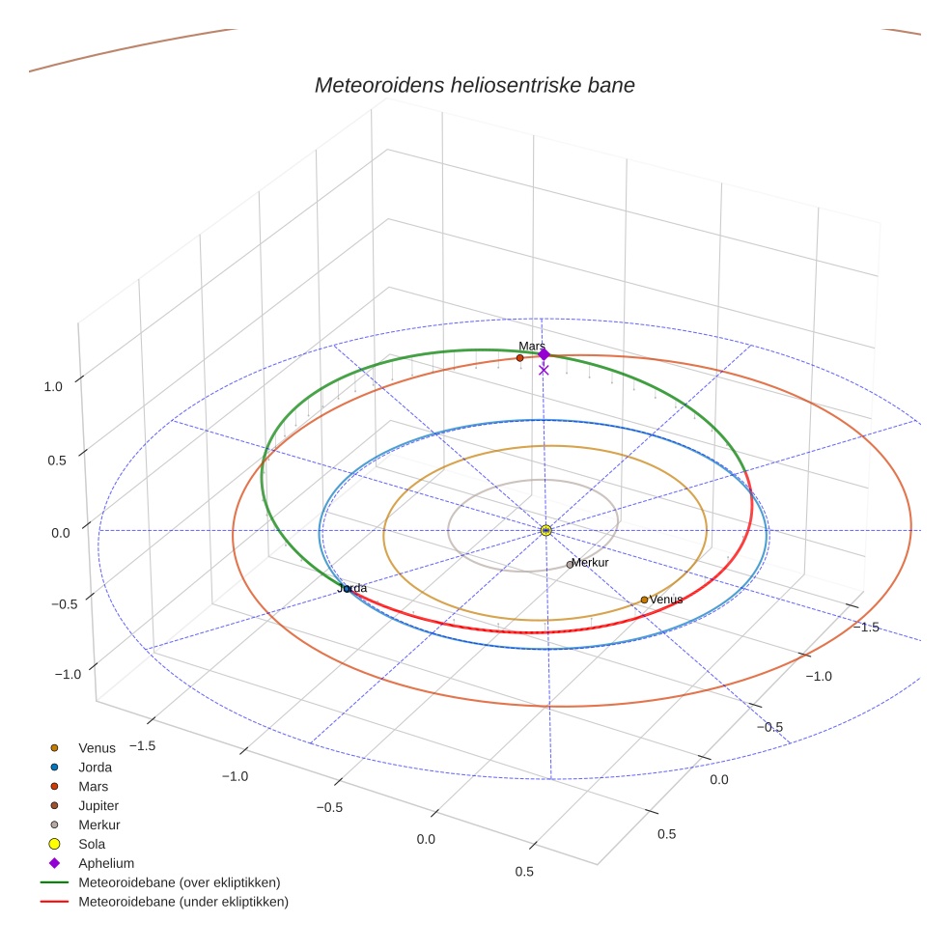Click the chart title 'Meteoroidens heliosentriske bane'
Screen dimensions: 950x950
point(474,85)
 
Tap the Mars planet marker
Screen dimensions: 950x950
point(519,358)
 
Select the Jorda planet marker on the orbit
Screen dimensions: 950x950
point(347,589)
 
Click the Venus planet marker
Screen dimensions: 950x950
point(644,600)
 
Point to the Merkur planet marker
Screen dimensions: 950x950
point(570,564)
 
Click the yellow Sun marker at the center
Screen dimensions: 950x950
point(545,530)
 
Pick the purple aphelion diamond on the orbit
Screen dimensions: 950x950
point(544,354)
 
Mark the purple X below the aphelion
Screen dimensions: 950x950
point(544,370)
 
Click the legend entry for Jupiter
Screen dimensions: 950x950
point(98,805)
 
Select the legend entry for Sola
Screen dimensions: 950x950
point(92,844)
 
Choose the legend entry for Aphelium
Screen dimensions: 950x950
point(105,863)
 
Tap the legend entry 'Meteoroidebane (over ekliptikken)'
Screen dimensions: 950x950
point(179,882)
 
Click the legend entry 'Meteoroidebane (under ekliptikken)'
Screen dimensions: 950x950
point(182,902)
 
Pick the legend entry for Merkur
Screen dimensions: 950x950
point(98,824)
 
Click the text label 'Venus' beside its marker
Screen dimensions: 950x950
point(666,600)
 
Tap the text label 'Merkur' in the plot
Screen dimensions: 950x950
point(590,563)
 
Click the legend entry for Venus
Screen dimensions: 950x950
point(97,747)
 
